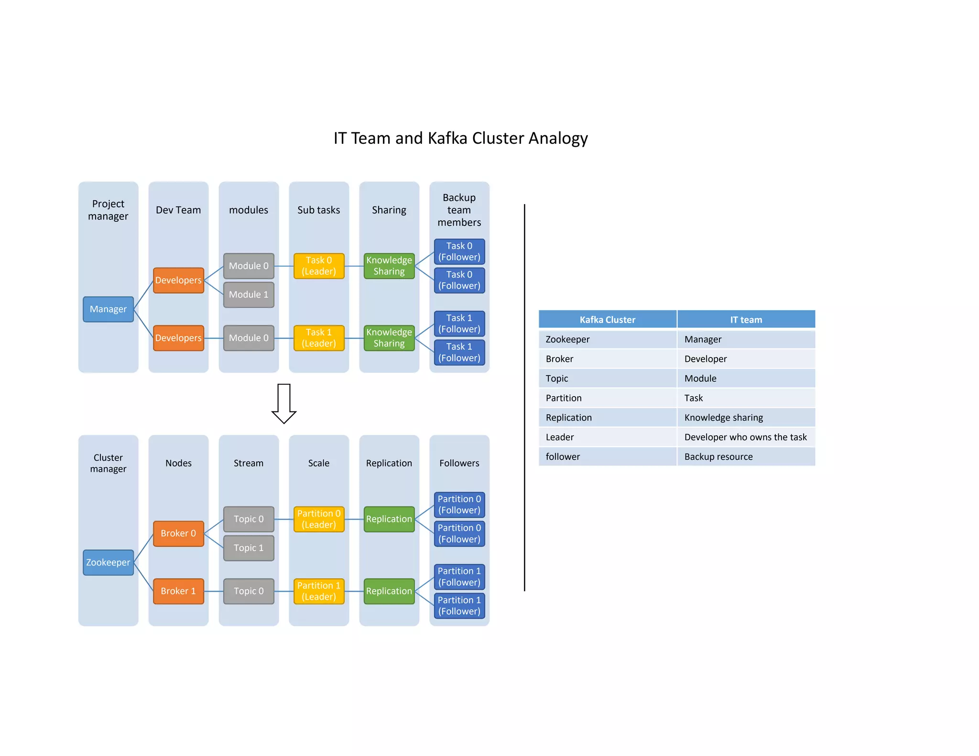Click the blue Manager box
click(x=108, y=309)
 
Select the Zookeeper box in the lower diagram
click(x=108, y=562)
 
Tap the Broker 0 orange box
click(x=178, y=533)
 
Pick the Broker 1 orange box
click(x=178, y=591)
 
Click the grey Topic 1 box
click(x=249, y=548)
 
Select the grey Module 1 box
click(x=249, y=294)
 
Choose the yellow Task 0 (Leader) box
click(x=319, y=266)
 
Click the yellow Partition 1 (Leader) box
click(x=319, y=591)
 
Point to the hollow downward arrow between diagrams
click(x=284, y=403)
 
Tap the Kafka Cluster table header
click(x=607, y=320)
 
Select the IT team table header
click(x=746, y=320)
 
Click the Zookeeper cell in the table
click(x=567, y=339)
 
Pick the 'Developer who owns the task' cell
click(x=745, y=437)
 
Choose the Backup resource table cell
click(x=718, y=457)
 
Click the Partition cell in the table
click(x=564, y=398)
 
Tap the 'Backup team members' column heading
click(x=459, y=210)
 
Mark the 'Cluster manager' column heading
click(x=108, y=463)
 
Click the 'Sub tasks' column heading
click(x=319, y=210)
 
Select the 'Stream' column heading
click(x=249, y=463)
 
